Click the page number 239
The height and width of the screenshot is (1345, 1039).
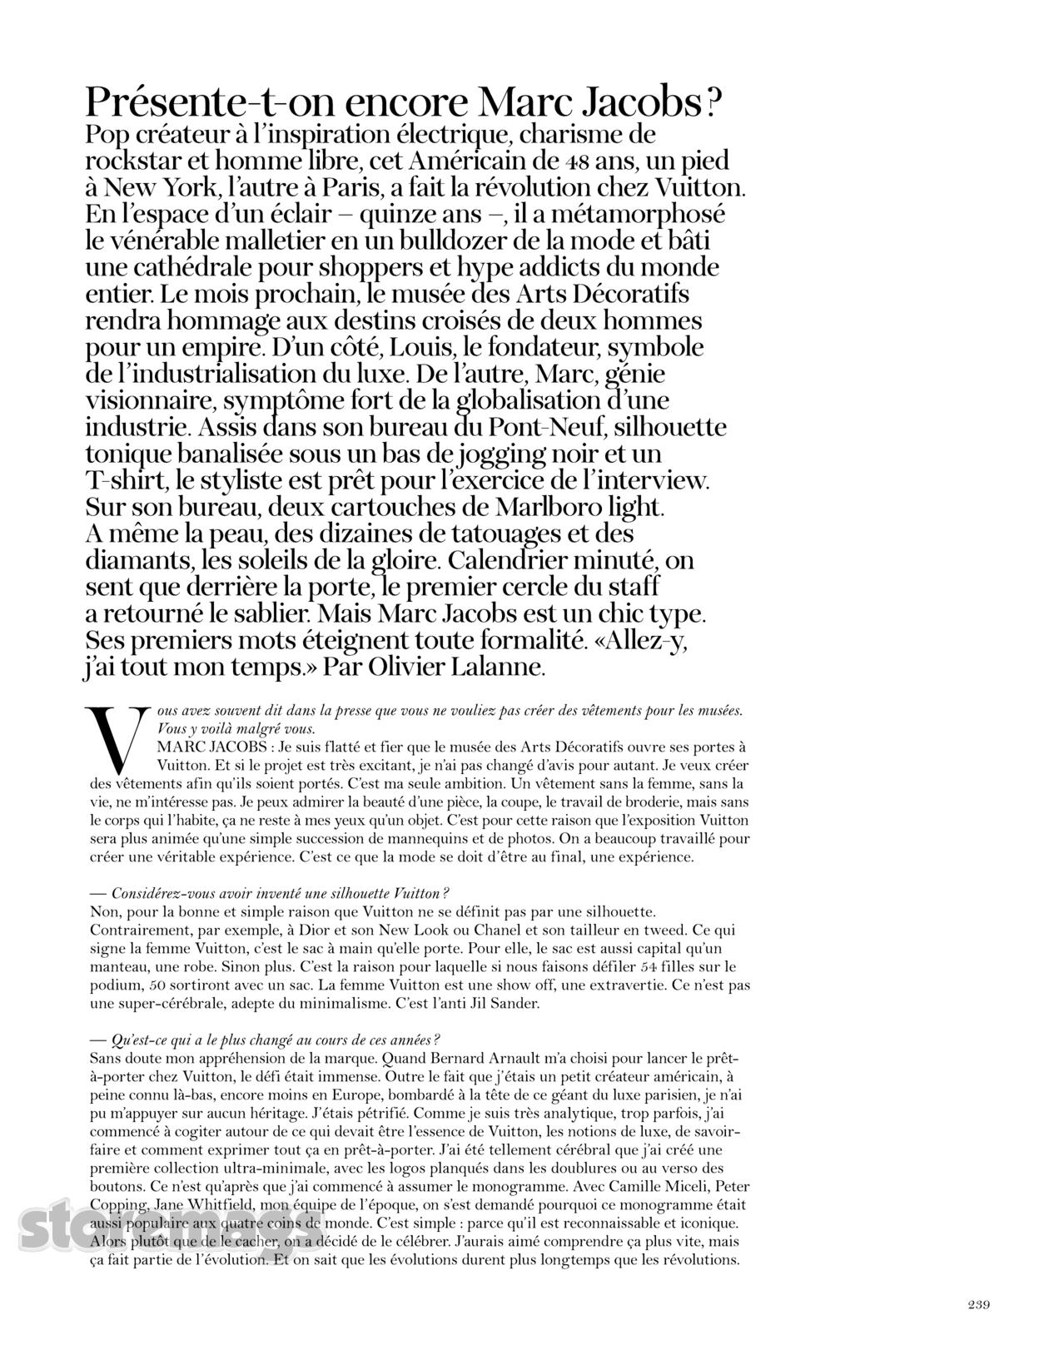(x=977, y=1304)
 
